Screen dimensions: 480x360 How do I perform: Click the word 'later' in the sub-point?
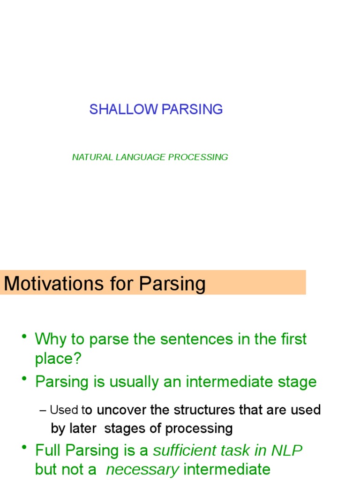(84, 428)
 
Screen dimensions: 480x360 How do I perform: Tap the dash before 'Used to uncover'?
(43, 410)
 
